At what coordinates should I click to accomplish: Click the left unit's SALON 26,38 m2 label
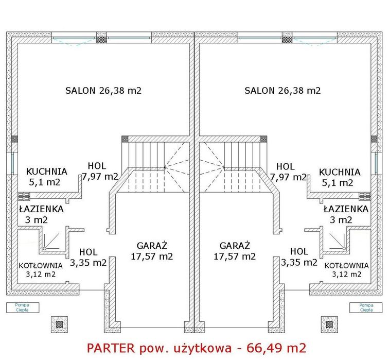click(x=103, y=91)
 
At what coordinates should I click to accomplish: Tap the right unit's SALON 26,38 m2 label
click(x=282, y=91)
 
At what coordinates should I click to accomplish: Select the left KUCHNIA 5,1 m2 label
click(x=46, y=177)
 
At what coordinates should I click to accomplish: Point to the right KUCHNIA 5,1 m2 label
click(x=340, y=178)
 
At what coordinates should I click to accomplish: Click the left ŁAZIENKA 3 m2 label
click(x=41, y=214)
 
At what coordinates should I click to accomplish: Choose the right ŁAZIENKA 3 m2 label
click(x=346, y=214)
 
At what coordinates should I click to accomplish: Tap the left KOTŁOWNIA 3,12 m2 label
click(x=41, y=270)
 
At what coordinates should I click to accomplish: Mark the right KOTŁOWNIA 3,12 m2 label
click(x=347, y=270)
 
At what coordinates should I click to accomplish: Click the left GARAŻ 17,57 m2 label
click(x=152, y=251)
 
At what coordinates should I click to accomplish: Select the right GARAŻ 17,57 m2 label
click(x=235, y=251)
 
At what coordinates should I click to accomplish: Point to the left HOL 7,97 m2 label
click(x=100, y=172)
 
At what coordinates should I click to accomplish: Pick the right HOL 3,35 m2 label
click(x=299, y=256)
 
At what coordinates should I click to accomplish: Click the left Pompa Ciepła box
click(x=23, y=307)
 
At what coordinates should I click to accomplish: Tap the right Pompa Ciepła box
click(x=366, y=307)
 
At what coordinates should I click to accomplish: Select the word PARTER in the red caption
click(x=111, y=348)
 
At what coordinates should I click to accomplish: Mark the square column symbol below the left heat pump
click(x=59, y=324)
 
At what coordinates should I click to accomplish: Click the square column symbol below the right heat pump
click(x=329, y=324)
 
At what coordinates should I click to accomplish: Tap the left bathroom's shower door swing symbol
click(x=51, y=241)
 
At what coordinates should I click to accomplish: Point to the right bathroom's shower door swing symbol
click(x=337, y=241)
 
